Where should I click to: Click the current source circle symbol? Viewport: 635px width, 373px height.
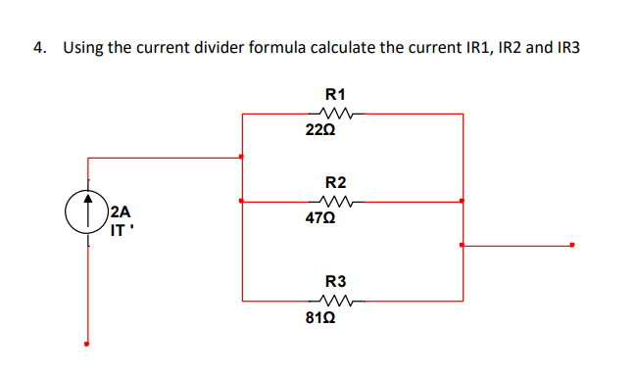pyautogui.click(x=88, y=209)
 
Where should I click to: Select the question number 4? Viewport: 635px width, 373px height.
pyautogui.click(x=38, y=47)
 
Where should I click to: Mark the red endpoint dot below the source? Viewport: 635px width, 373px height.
pyautogui.click(x=88, y=345)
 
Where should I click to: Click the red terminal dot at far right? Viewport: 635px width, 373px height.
pyautogui.click(x=572, y=246)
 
